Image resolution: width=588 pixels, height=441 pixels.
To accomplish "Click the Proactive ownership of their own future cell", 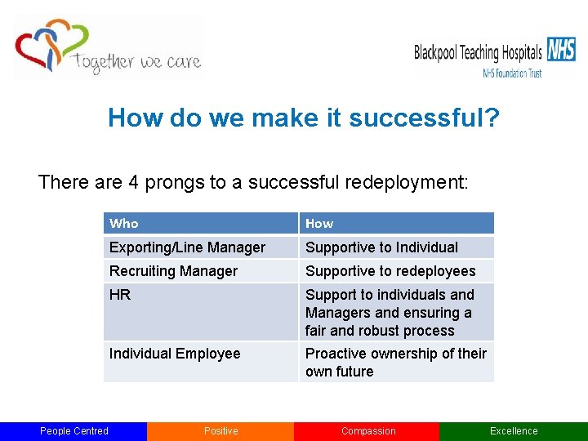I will (x=396, y=362).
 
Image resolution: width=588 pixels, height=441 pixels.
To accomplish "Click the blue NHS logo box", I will (x=561, y=49).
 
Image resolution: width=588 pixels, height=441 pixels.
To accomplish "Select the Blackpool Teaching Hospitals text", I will (x=478, y=53).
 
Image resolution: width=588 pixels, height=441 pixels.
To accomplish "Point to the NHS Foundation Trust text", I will (x=512, y=73).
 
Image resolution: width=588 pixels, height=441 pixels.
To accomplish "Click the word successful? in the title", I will (x=424, y=118).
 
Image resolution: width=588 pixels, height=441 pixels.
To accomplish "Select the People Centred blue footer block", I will (x=73, y=431).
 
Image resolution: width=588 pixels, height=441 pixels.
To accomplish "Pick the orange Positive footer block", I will (x=220, y=431).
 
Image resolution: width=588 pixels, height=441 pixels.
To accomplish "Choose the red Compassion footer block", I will (x=367, y=431).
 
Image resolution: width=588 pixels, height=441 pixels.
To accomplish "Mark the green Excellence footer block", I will (x=514, y=431).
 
